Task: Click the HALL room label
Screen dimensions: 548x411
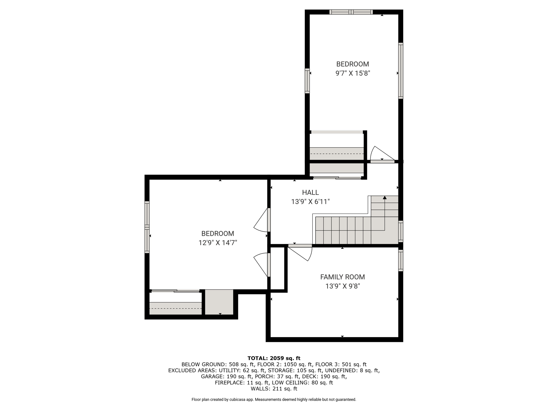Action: (x=310, y=192)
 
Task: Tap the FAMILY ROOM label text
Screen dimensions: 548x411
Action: (x=342, y=277)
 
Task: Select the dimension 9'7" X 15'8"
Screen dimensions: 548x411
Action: (x=353, y=73)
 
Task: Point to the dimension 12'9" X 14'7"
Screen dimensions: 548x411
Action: (x=218, y=243)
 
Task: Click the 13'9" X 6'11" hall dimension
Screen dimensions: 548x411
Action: (x=310, y=202)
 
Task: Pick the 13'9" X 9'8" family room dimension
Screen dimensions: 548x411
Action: (x=342, y=286)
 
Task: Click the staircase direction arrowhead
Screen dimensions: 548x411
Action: (x=385, y=197)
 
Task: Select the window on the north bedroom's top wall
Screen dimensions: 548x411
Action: (x=351, y=12)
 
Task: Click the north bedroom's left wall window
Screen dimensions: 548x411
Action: (x=307, y=81)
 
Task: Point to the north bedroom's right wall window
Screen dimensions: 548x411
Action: (x=401, y=71)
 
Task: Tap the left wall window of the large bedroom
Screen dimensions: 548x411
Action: (x=147, y=227)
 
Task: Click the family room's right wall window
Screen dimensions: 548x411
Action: (x=401, y=260)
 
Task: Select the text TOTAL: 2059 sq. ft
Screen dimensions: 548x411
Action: (x=274, y=358)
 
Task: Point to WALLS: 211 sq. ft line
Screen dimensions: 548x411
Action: (x=274, y=389)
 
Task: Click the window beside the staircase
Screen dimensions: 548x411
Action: (x=401, y=231)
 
